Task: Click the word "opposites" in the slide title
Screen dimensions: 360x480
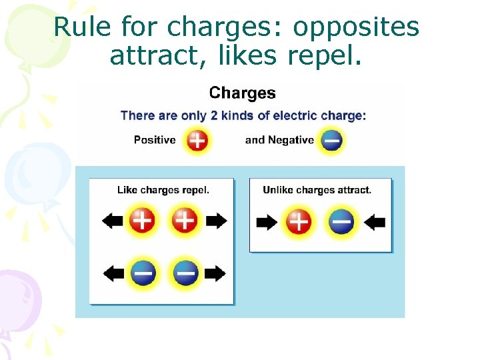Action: click(356, 27)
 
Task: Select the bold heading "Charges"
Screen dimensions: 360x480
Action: click(242, 93)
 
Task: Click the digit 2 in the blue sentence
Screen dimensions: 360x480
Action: click(213, 115)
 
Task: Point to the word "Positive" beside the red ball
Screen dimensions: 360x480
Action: click(155, 140)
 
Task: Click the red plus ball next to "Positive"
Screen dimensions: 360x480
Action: click(197, 140)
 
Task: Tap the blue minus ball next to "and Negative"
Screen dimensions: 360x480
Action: click(332, 140)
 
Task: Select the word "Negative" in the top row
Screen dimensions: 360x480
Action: click(291, 140)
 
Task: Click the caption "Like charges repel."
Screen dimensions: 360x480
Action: click(163, 190)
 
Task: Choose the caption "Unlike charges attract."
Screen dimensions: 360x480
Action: click(317, 190)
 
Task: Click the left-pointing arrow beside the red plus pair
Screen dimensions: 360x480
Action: click(113, 221)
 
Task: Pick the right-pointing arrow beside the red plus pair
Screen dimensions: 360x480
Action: click(216, 221)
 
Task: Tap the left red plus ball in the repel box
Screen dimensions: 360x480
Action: click(142, 221)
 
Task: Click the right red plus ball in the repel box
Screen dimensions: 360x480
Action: click(185, 221)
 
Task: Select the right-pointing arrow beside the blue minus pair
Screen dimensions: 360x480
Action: click(215, 273)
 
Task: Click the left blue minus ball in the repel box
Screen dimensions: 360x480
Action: click(143, 273)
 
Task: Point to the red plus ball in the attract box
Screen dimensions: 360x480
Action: click(299, 222)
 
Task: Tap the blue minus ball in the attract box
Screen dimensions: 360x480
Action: click(341, 222)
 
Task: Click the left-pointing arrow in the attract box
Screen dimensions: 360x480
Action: click(375, 222)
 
